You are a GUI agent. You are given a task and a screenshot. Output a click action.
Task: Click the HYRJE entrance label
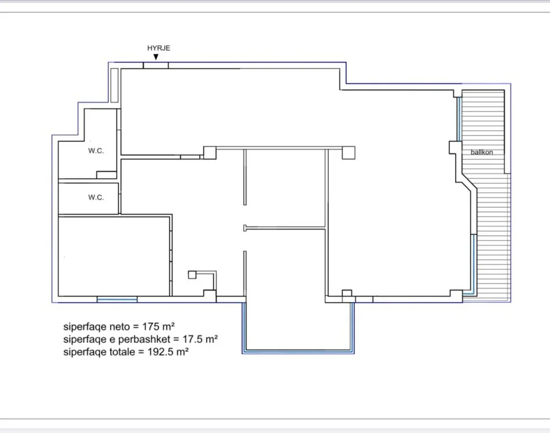(x=159, y=48)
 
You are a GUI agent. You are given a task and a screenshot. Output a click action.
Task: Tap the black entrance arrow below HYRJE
(x=156, y=57)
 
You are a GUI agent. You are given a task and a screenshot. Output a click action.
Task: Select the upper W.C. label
(x=96, y=151)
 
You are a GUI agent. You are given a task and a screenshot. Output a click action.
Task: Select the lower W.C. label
(x=96, y=197)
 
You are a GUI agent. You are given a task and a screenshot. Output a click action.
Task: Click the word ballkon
(x=482, y=152)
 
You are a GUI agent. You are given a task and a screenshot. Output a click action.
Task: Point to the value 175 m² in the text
(x=158, y=326)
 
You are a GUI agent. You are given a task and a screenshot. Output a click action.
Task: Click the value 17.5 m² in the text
(x=200, y=339)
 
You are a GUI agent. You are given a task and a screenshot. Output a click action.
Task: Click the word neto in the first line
(x=120, y=326)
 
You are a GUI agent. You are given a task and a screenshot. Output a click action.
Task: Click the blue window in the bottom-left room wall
(x=117, y=299)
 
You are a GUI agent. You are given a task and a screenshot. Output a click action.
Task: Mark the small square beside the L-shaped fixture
(x=192, y=274)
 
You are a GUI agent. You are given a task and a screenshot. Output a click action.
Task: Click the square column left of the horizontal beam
(x=210, y=153)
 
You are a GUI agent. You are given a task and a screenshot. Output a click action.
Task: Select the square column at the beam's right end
(x=349, y=153)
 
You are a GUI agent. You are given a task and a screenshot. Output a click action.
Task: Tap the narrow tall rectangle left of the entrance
(x=115, y=85)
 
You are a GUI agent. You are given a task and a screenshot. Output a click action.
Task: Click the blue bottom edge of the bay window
(x=298, y=351)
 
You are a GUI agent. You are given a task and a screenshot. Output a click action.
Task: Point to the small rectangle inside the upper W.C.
(x=107, y=175)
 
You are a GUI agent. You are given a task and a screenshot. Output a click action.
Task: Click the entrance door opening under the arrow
(x=156, y=65)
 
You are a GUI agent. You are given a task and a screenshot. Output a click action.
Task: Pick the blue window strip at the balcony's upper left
(x=459, y=119)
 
